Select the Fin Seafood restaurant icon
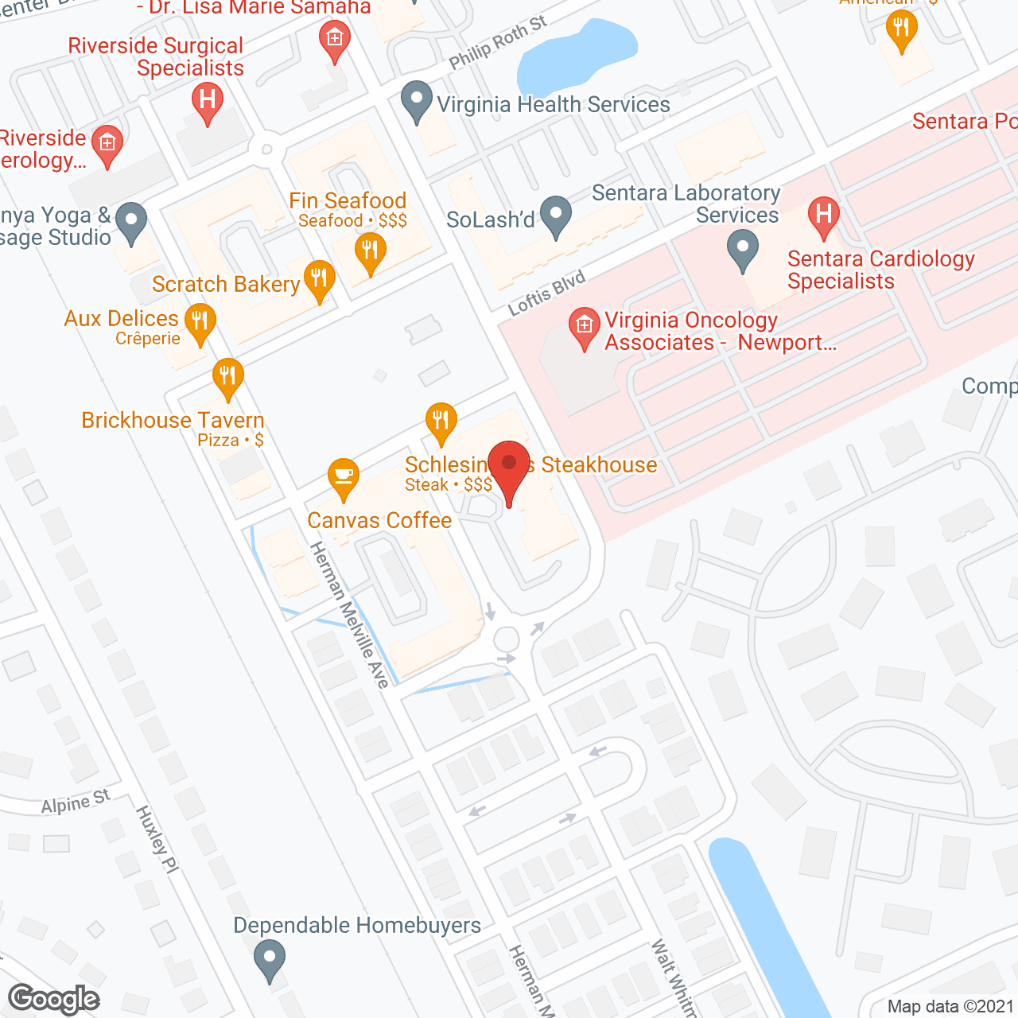click(370, 252)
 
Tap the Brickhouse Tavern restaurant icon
click(228, 378)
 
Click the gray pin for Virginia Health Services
click(417, 101)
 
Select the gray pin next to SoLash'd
click(556, 216)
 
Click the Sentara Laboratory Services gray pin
click(743, 249)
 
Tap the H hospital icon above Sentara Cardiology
click(824, 215)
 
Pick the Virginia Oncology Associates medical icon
click(585, 326)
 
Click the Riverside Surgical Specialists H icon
click(208, 102)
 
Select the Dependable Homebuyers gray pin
click(270, 958)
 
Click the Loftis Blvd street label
click(546, 293)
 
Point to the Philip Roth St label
click(498, 42)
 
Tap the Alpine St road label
click(76, 802)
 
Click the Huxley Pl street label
click(157, 839)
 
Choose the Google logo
click(54, 999)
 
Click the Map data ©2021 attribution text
click(950, 1006)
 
